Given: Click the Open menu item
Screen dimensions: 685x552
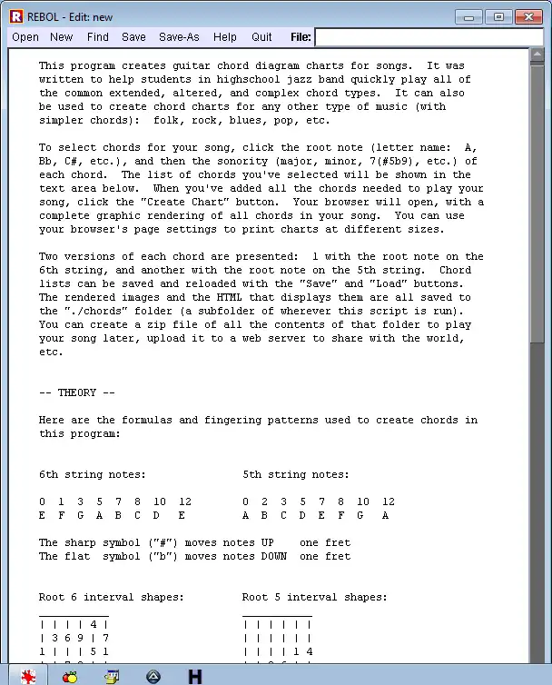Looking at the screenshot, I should point(25,37).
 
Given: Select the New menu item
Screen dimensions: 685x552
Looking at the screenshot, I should point(62,37).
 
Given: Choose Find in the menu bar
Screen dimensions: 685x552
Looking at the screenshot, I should point(98,37).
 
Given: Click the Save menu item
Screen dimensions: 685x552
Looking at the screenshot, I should point(133,37).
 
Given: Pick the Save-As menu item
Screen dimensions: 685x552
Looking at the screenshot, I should point(179,37).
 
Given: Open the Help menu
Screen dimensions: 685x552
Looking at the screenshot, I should point(225,37).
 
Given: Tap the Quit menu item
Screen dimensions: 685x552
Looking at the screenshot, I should point(262,37).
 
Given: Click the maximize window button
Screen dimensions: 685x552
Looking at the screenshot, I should point(498,15).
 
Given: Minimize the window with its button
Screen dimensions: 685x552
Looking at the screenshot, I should point(469,15).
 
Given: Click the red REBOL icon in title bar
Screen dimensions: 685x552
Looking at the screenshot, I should point(15,16).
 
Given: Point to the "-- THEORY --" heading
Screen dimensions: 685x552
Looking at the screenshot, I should point(77,392).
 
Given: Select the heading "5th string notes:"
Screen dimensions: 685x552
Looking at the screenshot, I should point(296,474).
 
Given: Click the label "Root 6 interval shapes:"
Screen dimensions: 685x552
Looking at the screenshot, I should point(112,597).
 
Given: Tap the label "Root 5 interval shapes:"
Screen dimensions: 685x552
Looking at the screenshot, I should point(315,597).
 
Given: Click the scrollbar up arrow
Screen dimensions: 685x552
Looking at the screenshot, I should point(537,55).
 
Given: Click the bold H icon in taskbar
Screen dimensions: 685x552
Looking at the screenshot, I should point(194,677).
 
